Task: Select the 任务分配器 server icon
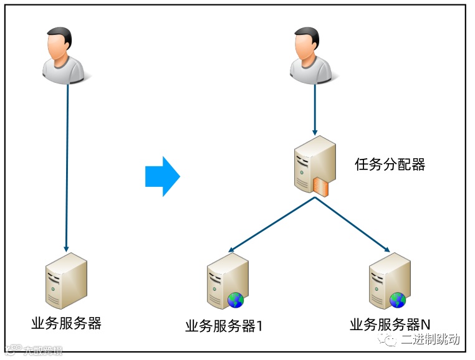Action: (314, 165)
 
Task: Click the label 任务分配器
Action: (390, 164)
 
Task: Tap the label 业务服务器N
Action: (390, 324)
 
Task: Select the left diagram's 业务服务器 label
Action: (66, 323)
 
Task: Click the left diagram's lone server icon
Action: (66, 281)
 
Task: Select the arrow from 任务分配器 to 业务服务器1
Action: (272, 224)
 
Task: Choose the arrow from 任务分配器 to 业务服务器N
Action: (353, 224)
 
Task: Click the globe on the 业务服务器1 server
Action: (236, 300)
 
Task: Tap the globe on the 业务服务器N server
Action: (398, 300)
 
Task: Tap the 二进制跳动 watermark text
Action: (430, 339)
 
